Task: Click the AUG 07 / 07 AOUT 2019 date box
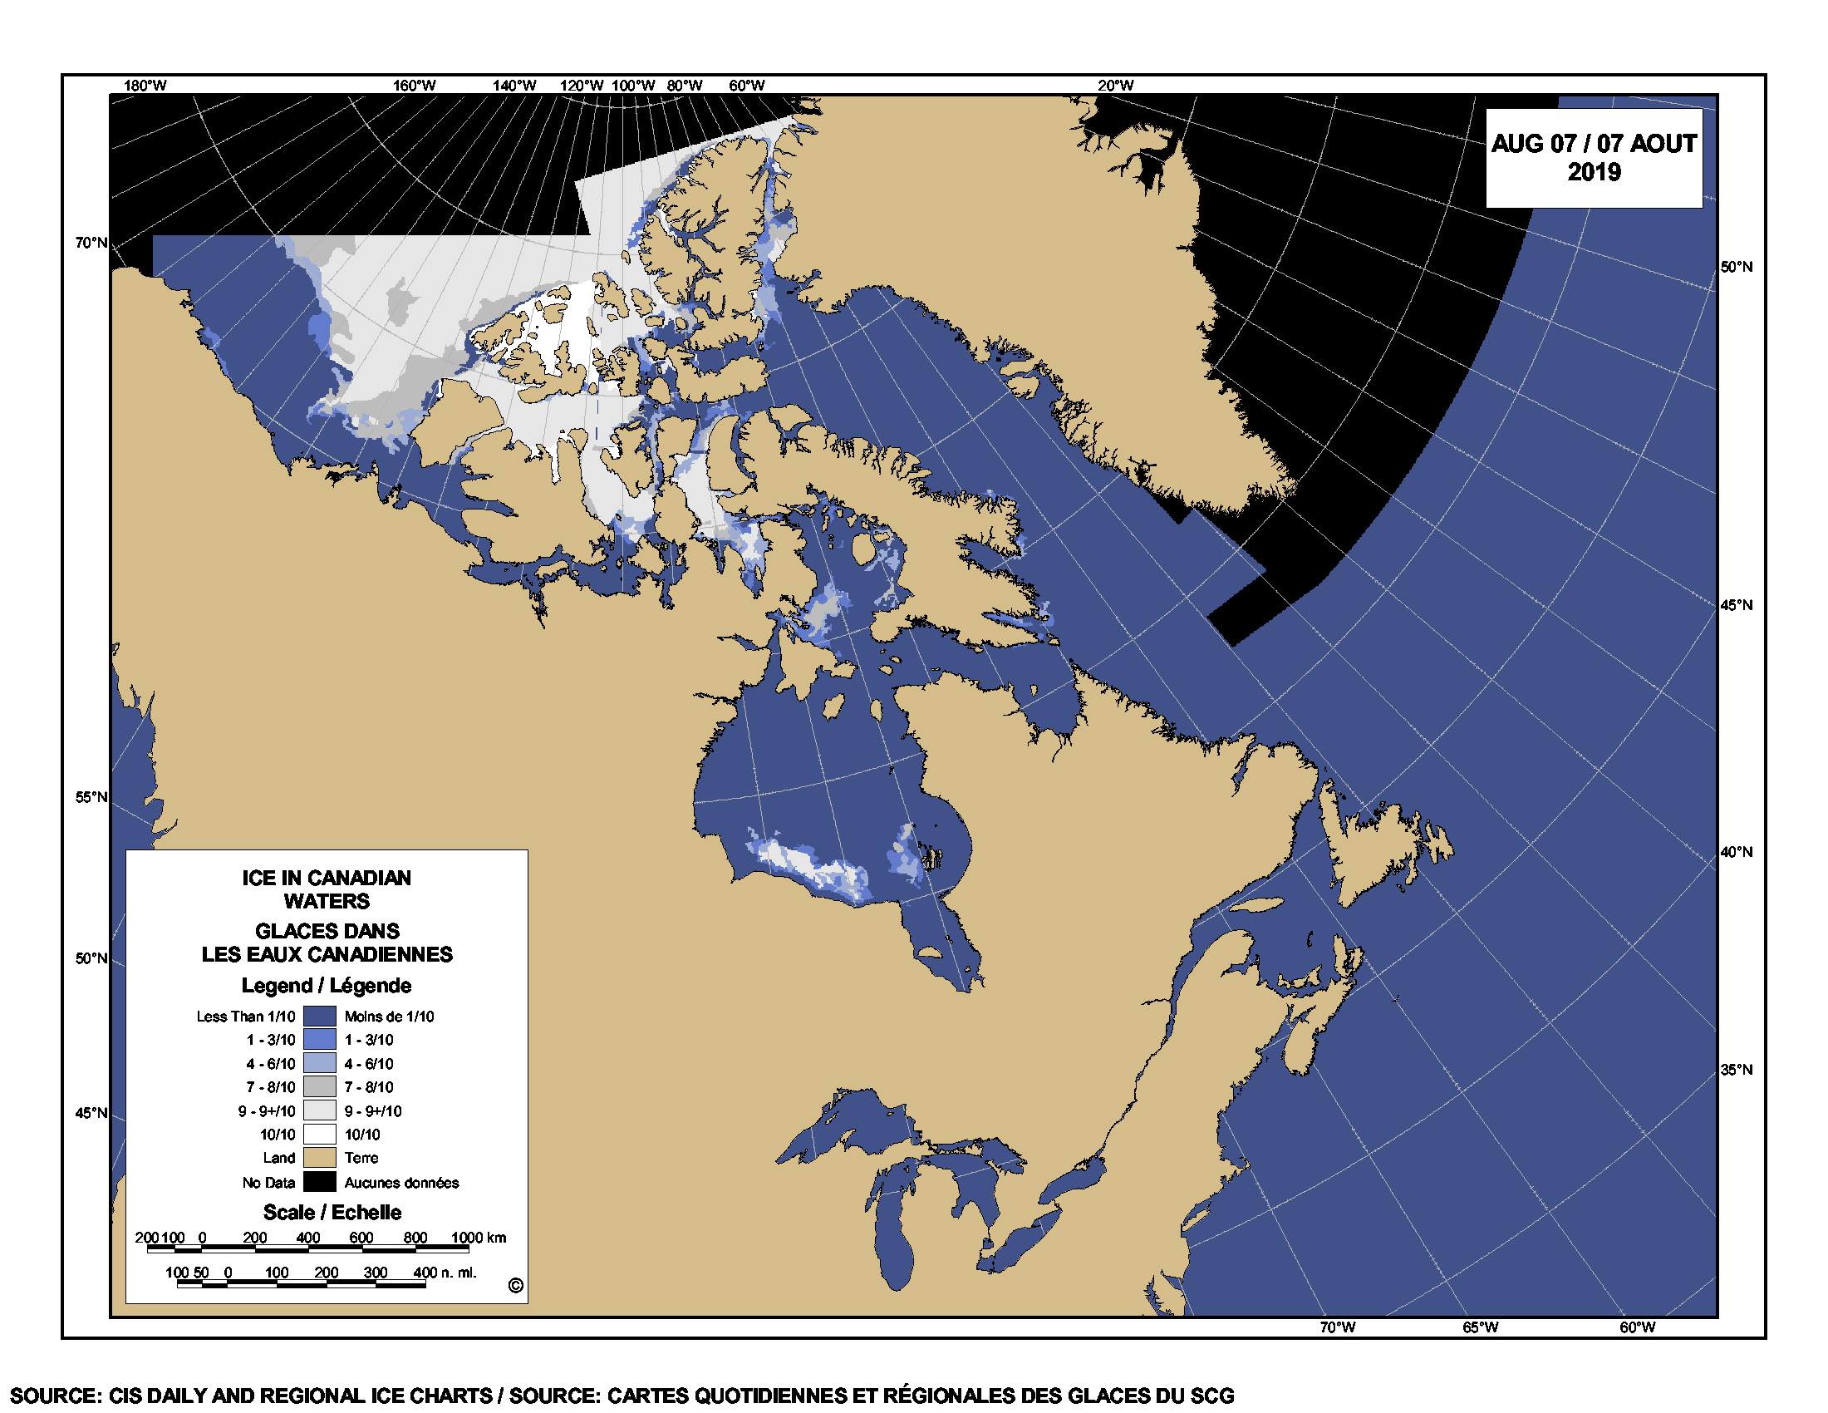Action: point(1593,157)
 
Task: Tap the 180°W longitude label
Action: point(145,86)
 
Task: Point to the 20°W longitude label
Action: point(1116,86)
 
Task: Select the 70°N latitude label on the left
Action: point(91,243)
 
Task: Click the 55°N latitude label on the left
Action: point(91,797)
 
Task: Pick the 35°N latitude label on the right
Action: point(1736,1070)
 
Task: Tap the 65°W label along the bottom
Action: point(1480,1327)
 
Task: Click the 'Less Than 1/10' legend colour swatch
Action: point(319,1017)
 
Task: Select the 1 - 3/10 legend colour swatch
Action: point(319,1040)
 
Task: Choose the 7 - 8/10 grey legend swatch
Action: point(319,1087)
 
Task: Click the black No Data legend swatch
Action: point(319,1182)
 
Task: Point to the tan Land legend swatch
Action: point(319,1158)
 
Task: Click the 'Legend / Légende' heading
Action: point(327,985)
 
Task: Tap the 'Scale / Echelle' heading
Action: point(332,1212)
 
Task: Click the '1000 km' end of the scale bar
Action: point(478,1238)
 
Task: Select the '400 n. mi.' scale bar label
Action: point(445,1273)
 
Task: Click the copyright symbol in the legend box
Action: point(516,1286)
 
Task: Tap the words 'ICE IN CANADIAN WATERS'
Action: point(327,889)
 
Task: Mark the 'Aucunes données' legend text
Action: point(402,1183)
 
